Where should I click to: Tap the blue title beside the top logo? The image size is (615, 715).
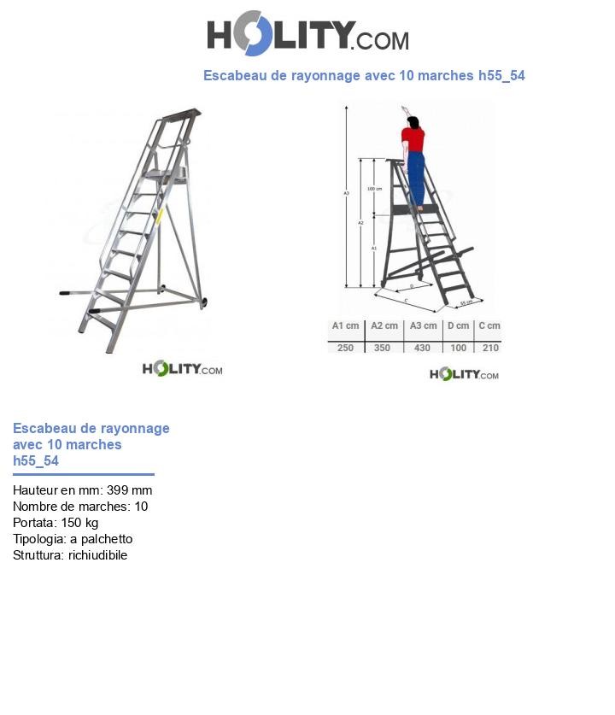[x=364, y=76]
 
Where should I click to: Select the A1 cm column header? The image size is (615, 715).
[x=344, y=326]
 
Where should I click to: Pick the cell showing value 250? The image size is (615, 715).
[x=344, y=348]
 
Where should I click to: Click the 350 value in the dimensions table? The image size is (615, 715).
[x=384, y=348]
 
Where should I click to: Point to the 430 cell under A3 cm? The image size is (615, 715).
[x=423, y=348]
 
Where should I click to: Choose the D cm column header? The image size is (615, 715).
[x=459, y=326]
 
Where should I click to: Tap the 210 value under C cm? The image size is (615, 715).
[x=489, y=348]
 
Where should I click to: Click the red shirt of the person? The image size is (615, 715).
[x=413, y=138]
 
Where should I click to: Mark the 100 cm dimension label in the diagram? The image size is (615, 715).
[x=373, y=188]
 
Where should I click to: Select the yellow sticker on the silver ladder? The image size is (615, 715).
[x=159, y=217]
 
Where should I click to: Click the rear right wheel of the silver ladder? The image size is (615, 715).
[x=205, y=302]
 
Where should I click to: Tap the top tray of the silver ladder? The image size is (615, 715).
[x=181, y=114]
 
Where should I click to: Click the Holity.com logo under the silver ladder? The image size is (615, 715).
[x=182, y=369]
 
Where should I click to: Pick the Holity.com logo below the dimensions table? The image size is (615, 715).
[x=464, y=374]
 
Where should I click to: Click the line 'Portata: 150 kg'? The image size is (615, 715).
[x=56, y=523]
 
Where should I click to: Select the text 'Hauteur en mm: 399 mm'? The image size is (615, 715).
[x=82, y=490]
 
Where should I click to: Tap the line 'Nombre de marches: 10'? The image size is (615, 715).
[x=80, y=507]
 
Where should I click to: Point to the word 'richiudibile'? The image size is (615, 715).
[x=97, y=555]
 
